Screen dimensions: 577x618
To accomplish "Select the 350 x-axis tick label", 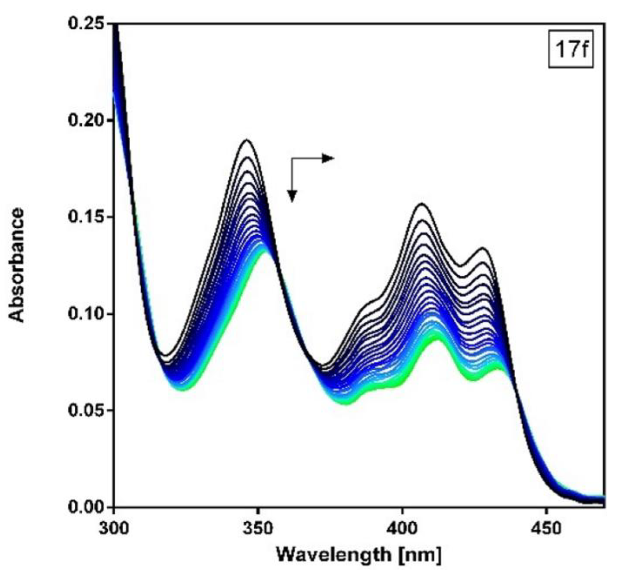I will tap(258, 528).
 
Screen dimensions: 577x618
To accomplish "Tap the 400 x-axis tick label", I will tap(402, 528).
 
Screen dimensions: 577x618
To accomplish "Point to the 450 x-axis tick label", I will tap(546, 528).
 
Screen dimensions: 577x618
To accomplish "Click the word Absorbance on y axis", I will tap(16, 265).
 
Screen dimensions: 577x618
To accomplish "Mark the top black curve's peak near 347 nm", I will tap(246, 140).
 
